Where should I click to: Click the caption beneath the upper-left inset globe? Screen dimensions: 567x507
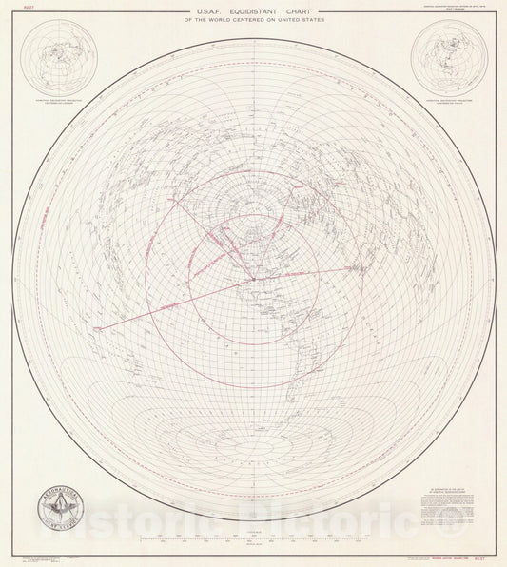point(61,102)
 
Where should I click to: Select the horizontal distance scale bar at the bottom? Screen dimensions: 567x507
point(253,540)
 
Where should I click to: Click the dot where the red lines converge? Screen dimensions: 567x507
point(253,279)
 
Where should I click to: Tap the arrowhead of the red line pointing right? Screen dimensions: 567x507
point(348,267)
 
